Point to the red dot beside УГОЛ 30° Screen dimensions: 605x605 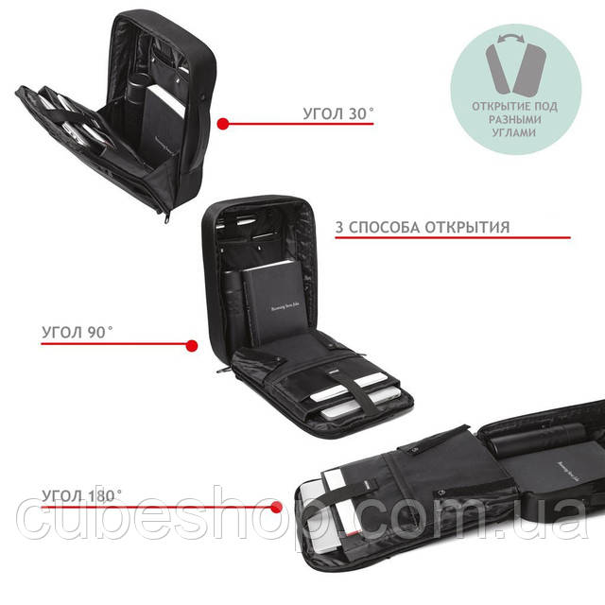[x=224, y=123]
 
